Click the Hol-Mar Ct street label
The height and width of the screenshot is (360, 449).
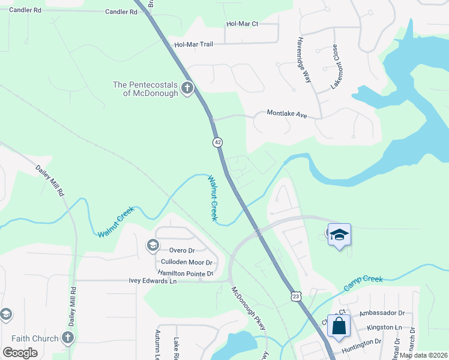(x=242, y=24)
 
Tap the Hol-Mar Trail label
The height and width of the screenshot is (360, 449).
(x=194, y=44)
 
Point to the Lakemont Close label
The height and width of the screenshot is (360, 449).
(x=336, y=67)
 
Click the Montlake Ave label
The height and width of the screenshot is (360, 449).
(x=287, y=113)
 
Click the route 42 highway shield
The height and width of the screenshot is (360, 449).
(x=217, y=142)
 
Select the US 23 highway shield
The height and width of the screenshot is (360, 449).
(x=295, y=296)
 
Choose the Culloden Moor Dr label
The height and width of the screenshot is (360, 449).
(x=187, y=263)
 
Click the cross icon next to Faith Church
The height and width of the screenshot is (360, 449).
(x=67, y=338)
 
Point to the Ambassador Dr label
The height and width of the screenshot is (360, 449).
(x=385, y=313)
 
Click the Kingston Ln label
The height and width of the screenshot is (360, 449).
(x=384, y=327)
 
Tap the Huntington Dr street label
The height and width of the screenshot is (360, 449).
(x=362, y=343)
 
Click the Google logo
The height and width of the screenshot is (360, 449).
(x=20, y=352)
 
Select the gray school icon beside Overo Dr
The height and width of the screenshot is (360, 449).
(x=152, y=244)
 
